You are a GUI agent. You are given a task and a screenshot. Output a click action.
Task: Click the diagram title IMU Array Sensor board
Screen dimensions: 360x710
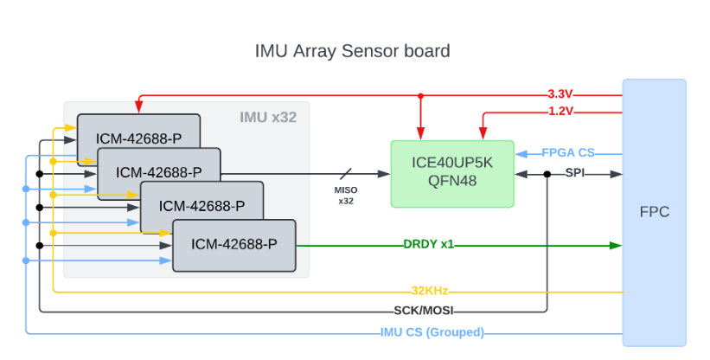[352, 51]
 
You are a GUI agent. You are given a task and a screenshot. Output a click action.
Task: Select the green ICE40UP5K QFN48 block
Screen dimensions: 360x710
[452, 173]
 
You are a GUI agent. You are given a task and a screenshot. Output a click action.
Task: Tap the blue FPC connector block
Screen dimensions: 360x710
[654, 212]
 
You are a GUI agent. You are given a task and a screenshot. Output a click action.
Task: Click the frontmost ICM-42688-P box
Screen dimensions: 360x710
[234, 245]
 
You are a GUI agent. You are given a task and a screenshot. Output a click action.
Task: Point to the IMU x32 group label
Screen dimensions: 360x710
[268, 117]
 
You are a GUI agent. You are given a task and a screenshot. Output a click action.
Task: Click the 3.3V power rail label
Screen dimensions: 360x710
[561, 94]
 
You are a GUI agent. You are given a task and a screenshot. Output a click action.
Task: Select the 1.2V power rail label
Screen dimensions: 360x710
[561, 111]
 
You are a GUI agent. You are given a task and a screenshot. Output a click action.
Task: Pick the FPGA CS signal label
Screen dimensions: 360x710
[568, 153]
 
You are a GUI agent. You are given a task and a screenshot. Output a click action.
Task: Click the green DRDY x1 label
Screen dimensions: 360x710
[428, 245]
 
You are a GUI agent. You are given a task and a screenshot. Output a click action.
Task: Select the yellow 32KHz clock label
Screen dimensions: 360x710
[429, 292]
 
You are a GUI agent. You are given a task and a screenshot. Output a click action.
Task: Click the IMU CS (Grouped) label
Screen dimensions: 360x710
[432, 332]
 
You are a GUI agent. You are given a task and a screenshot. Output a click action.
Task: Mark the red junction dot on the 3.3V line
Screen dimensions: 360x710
[420, 95]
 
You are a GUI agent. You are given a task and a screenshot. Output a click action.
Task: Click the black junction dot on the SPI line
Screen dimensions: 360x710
[547, 174]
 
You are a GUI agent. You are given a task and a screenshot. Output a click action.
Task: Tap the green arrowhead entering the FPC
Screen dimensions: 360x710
[616, 245]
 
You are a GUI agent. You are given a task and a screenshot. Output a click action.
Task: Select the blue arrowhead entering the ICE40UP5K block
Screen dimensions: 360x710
[520, 154]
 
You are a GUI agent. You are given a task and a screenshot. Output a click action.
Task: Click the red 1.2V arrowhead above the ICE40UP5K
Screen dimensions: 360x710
[482, 135]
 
